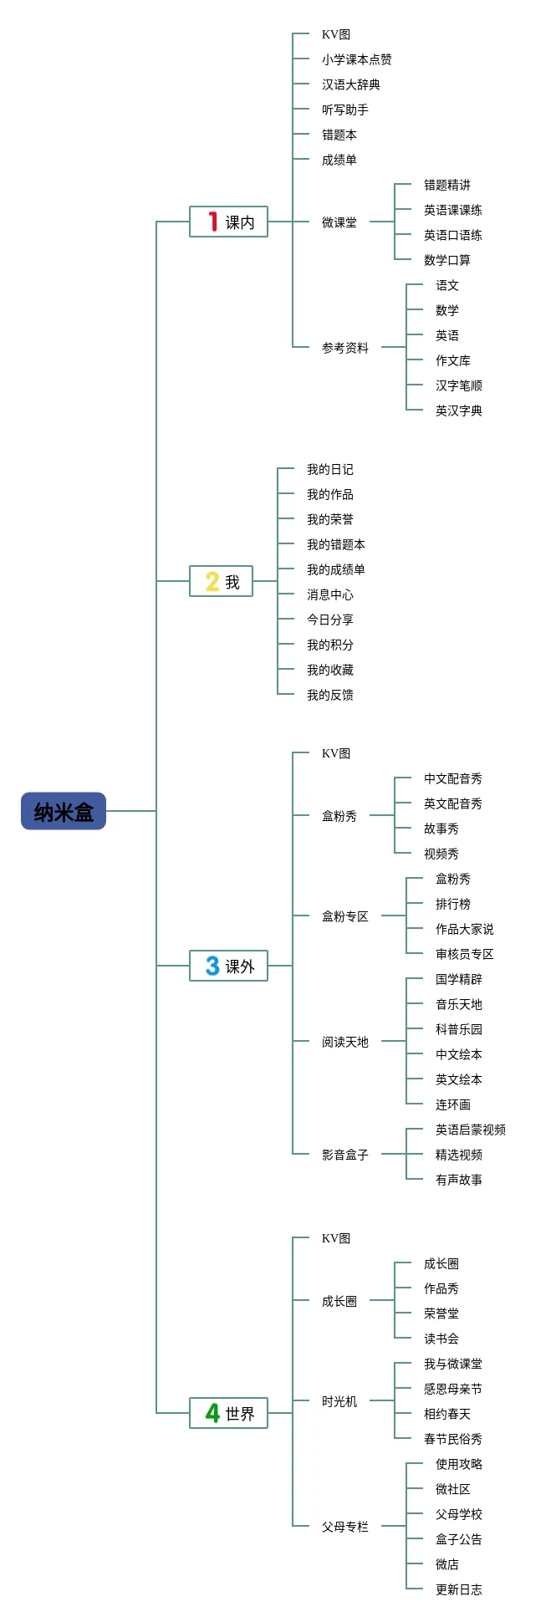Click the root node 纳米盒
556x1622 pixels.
64,811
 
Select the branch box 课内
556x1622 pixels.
228,222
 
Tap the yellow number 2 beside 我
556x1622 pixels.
212,581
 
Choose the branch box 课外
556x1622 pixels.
228,966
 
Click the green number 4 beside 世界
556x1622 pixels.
213,1413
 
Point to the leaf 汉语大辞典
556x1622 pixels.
351,84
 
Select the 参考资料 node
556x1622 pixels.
345,348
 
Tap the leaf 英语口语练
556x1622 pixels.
453,235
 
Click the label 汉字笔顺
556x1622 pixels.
459,385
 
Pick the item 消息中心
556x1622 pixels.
330,594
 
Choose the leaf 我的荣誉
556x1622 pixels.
330,519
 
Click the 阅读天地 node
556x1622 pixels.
345,1042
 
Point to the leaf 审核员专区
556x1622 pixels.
465,954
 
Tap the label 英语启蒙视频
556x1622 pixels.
471,1130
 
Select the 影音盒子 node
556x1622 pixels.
345,1155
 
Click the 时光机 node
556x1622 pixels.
339,1401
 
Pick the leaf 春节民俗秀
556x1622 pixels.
453,1439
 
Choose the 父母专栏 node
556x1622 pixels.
345,1527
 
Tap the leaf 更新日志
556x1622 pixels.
459,1589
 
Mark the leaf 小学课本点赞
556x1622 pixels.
357,59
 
